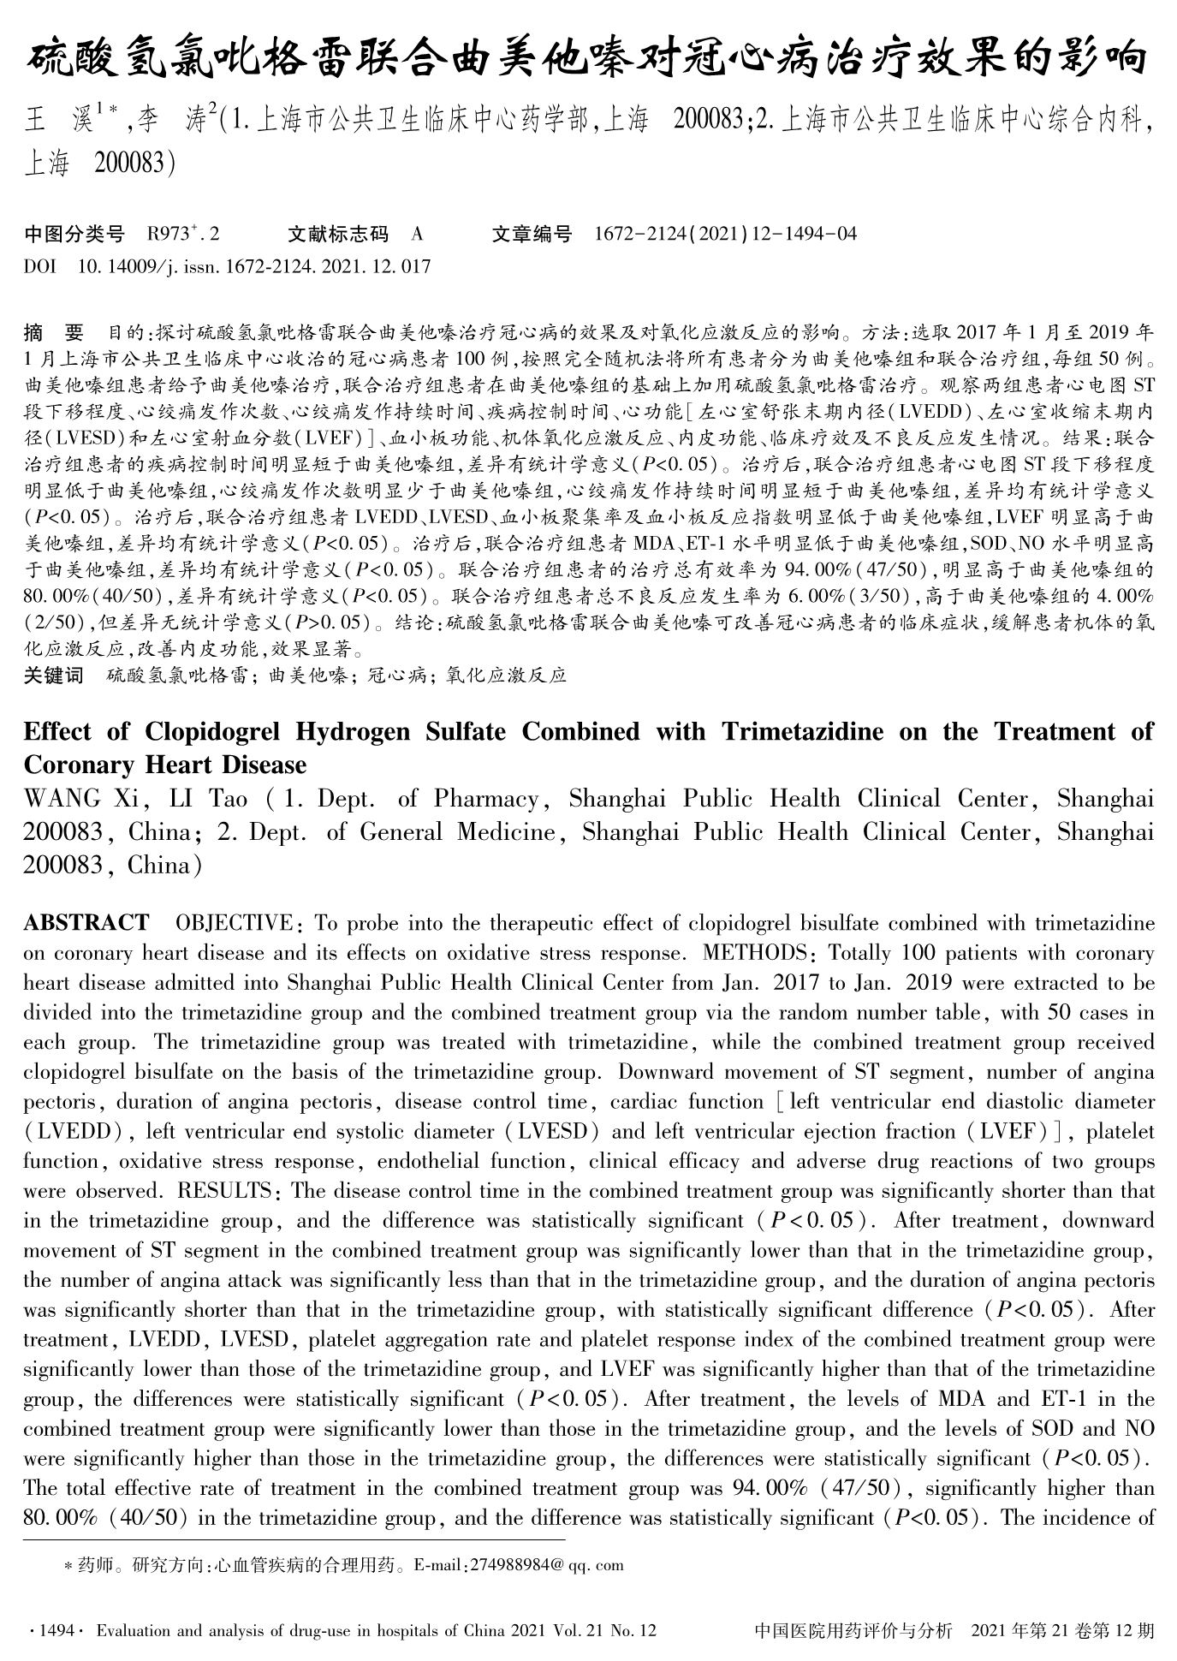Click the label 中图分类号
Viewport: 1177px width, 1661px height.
74,234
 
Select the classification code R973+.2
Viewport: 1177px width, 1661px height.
183,234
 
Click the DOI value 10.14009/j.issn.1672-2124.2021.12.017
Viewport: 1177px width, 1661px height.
253,266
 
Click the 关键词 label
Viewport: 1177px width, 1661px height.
54,676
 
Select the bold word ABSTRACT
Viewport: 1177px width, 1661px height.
86,922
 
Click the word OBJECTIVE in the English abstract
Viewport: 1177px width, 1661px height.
234,922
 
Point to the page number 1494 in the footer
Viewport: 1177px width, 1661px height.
56,1631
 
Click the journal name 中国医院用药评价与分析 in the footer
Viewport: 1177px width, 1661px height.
853,1631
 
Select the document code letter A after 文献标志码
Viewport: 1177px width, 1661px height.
417,234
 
